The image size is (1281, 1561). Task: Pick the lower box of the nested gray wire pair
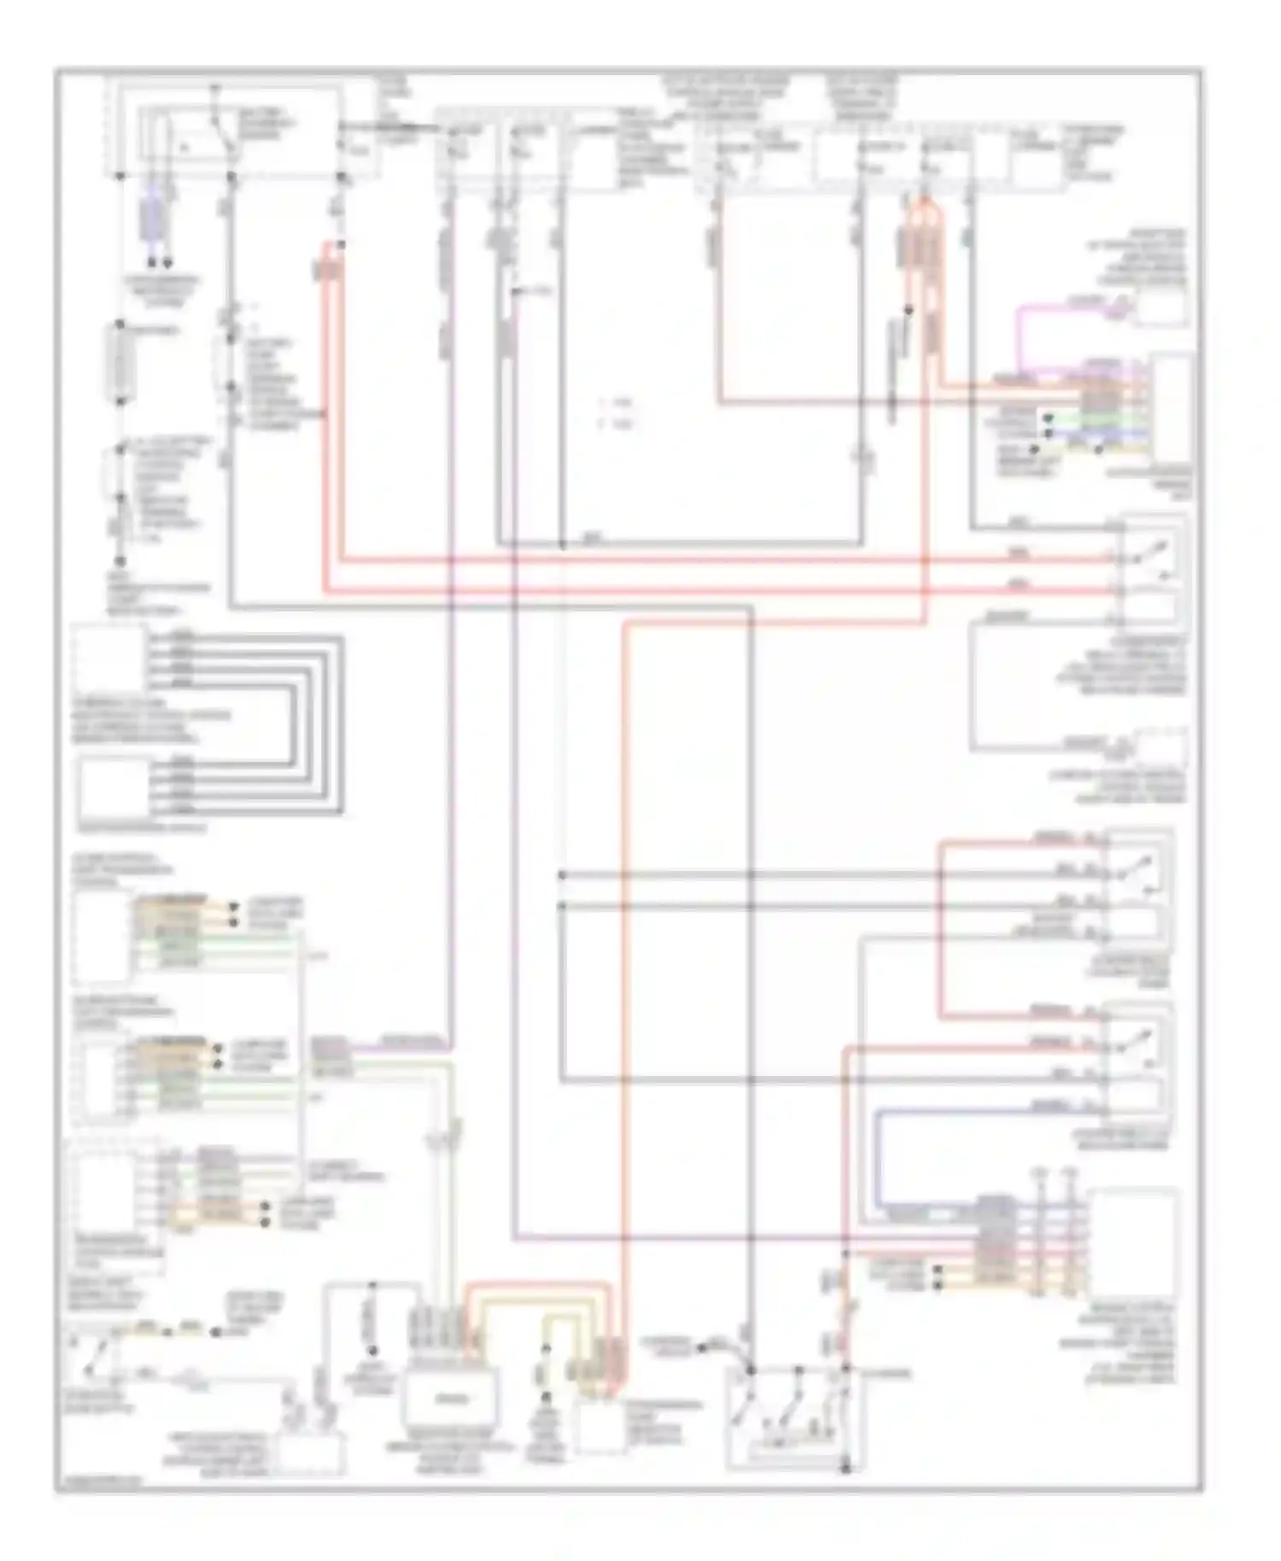114,787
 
